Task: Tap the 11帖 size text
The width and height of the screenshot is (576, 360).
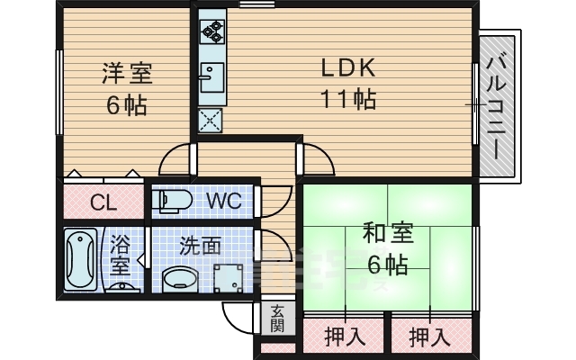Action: coord(346,99)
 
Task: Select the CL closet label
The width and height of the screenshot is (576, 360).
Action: coord(103,202)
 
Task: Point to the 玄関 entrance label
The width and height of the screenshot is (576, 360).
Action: coord(276,318)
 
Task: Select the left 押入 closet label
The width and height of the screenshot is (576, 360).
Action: coord(343,338)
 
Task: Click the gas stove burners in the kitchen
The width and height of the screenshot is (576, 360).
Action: coord(212,31)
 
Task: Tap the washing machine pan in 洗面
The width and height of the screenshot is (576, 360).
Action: coord(230,278)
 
